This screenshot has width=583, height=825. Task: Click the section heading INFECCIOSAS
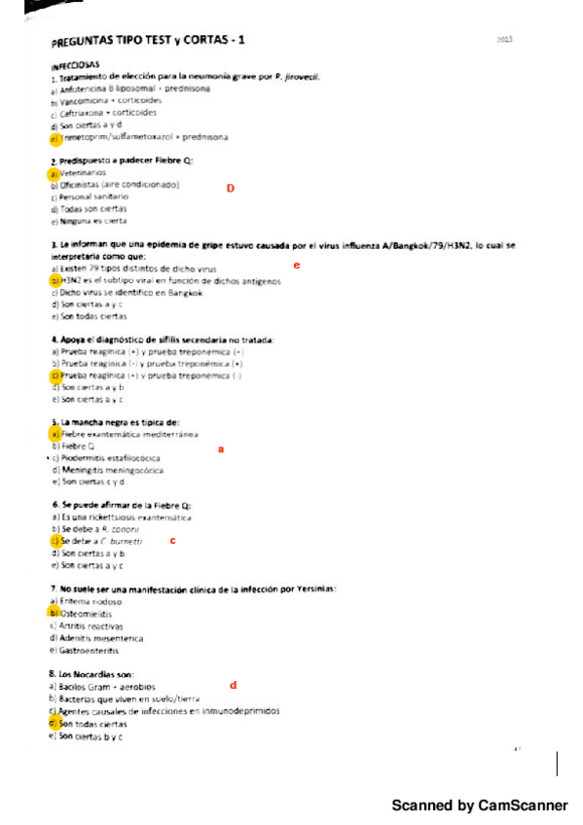pyautogui.click(x=77, y=65)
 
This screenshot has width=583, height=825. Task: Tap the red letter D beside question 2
pyautogui.click(x=230, y=188)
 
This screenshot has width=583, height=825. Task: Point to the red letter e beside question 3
pyautogui.click(x=296, y=264)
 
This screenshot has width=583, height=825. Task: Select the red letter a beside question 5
pyautogui.click(x=221, y=449)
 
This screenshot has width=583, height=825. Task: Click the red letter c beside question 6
pyautogui.click(x=172, y=540)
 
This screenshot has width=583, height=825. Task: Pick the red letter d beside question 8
pyautogui.click(x=233, y=685)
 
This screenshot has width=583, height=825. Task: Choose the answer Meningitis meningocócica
pyautogui.click(x=112, y=470)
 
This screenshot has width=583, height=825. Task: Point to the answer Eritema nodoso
pyautogui.click(x=91, y=602)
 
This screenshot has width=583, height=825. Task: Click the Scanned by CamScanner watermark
pyautogui.click(x=480, y=806)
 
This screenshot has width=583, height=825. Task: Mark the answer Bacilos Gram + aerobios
pyautogui.click(x=107, y=687)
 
